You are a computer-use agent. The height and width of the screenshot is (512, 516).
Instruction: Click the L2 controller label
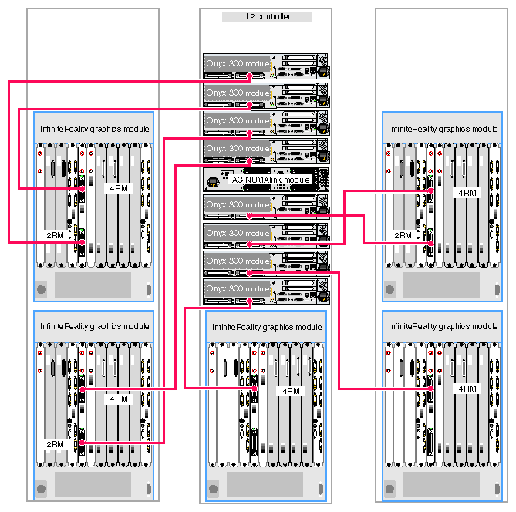tap(266, 16)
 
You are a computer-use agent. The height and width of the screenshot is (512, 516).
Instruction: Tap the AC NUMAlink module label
tap(271, 180)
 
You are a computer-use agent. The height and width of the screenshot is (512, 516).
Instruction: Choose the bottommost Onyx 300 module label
tap(237, 288)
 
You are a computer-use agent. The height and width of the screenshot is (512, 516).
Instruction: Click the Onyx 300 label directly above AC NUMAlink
tap(237, 148)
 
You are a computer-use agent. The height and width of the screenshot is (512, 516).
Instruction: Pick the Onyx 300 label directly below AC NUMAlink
tap(237, 205)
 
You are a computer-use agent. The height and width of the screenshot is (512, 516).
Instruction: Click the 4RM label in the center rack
tap(291, 391)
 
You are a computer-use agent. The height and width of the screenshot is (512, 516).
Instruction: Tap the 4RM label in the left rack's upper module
tap(118, 188)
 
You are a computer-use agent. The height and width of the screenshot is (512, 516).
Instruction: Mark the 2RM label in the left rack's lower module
tap(54, 445)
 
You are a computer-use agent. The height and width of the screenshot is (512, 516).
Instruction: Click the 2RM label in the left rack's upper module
tap(54, 235)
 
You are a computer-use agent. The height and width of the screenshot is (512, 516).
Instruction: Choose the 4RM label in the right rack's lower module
tap(467, 389)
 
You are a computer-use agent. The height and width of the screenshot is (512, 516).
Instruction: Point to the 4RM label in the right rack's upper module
tap(467, 193)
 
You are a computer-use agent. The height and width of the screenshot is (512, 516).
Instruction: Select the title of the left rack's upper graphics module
tap(94, 129)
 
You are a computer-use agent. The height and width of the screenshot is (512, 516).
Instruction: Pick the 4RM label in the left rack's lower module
tap(118, 399)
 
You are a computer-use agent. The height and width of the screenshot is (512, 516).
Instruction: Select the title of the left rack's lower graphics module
tap(94, 327)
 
